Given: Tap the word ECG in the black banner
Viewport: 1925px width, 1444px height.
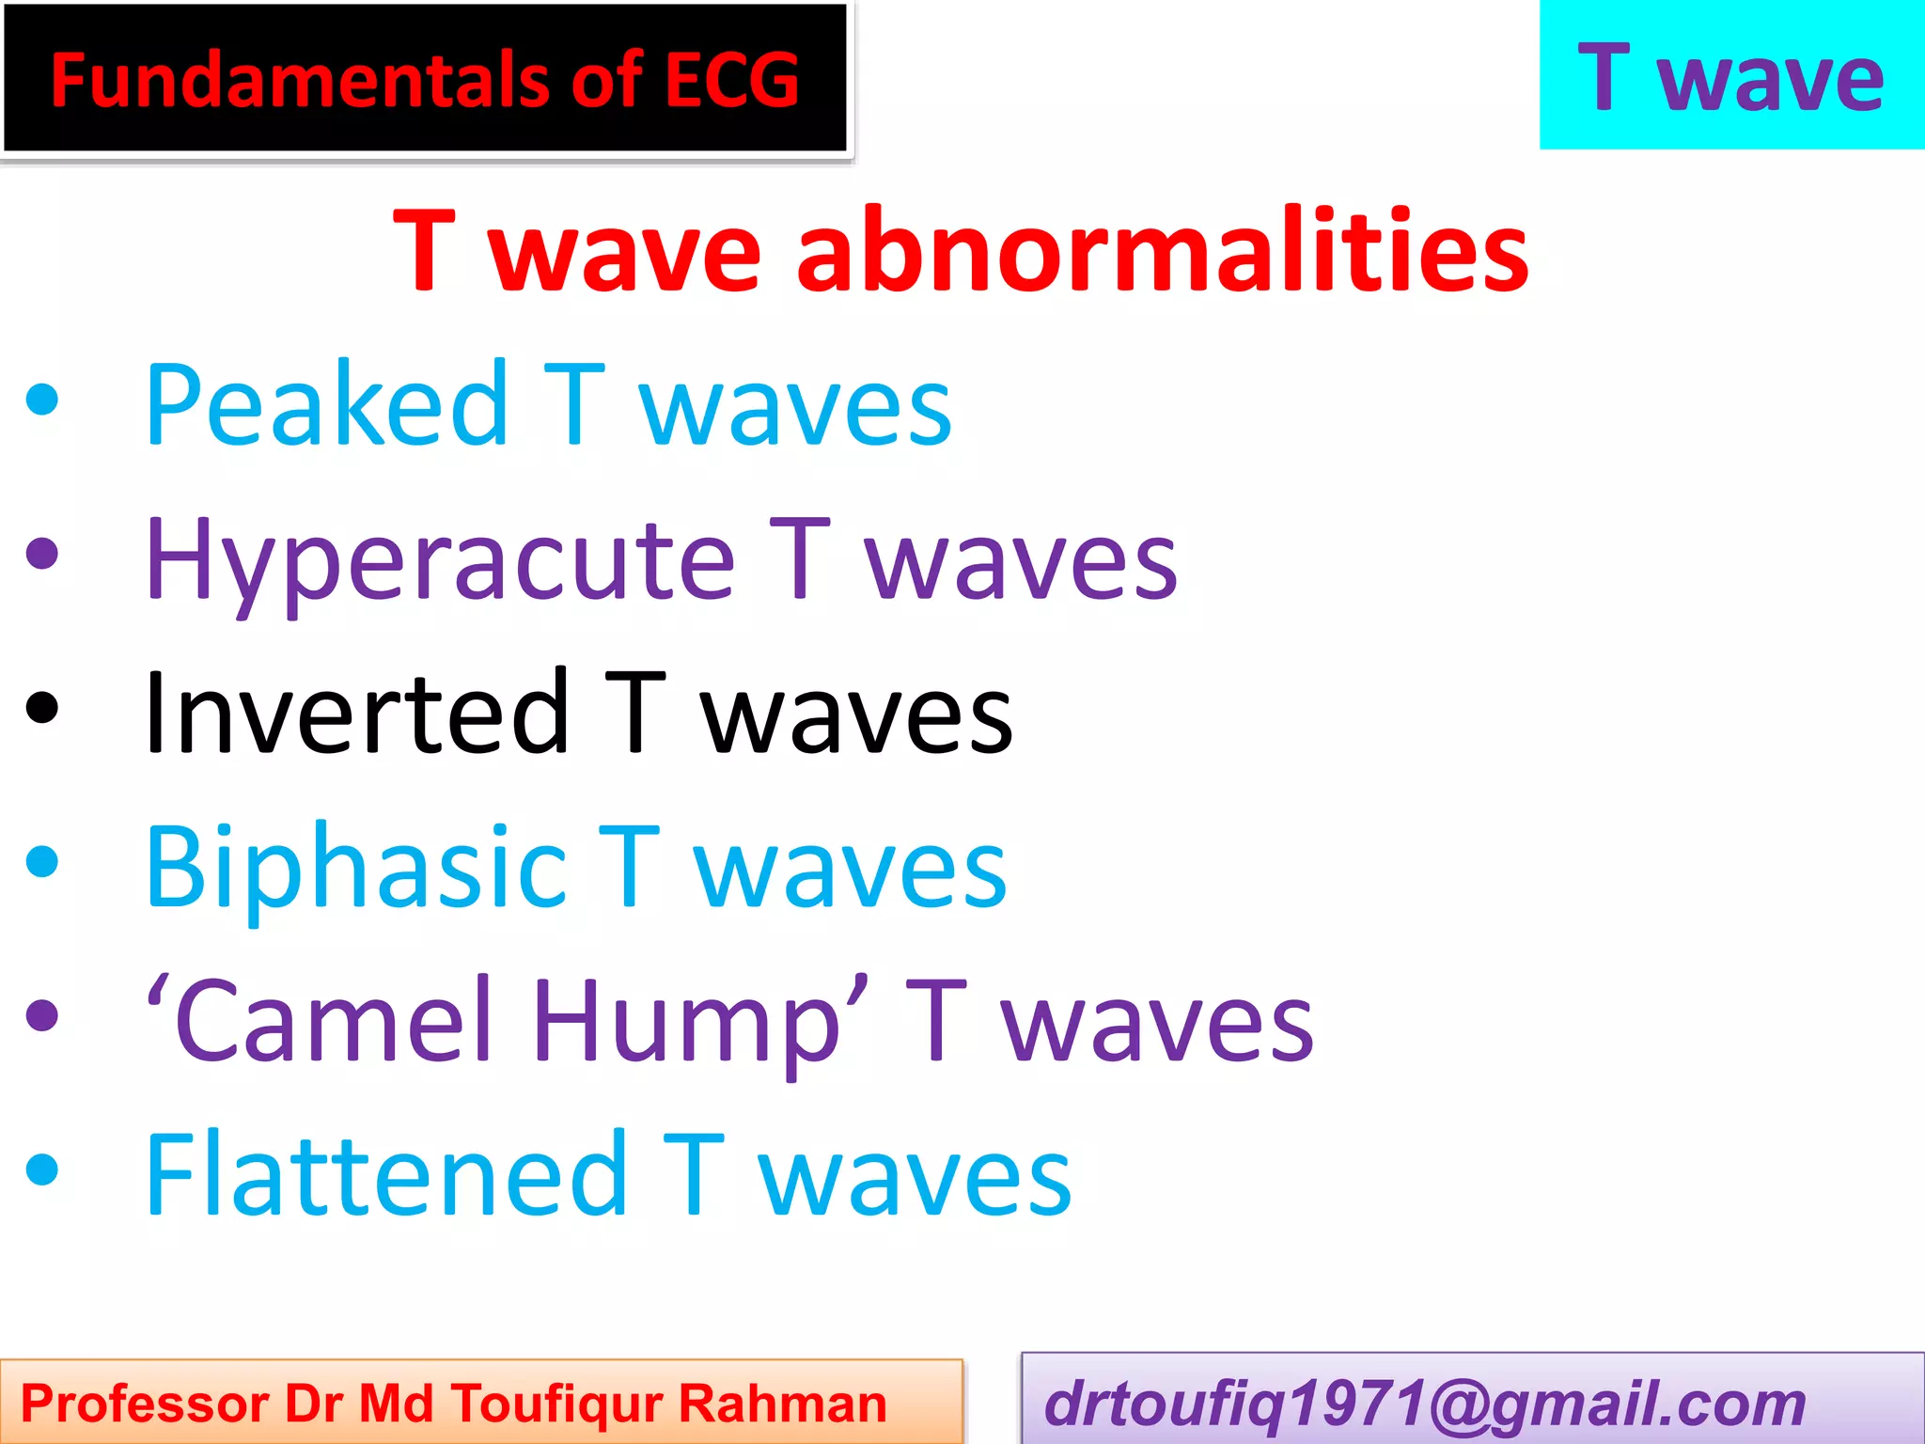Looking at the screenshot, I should point(732,80).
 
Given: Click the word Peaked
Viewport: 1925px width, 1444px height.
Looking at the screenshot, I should point(328,404).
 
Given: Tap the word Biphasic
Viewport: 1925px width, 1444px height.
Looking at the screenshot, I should point(356,867).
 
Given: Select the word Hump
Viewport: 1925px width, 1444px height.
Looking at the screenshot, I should point(687,1021).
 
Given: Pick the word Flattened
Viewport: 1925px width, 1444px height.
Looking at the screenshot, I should point(386,1175).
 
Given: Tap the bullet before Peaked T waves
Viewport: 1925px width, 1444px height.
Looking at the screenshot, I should point(42,400).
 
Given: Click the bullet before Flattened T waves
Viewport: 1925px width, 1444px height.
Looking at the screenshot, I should point(42,1170).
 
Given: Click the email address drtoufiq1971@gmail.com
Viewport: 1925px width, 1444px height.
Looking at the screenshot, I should point(1425,1404).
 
